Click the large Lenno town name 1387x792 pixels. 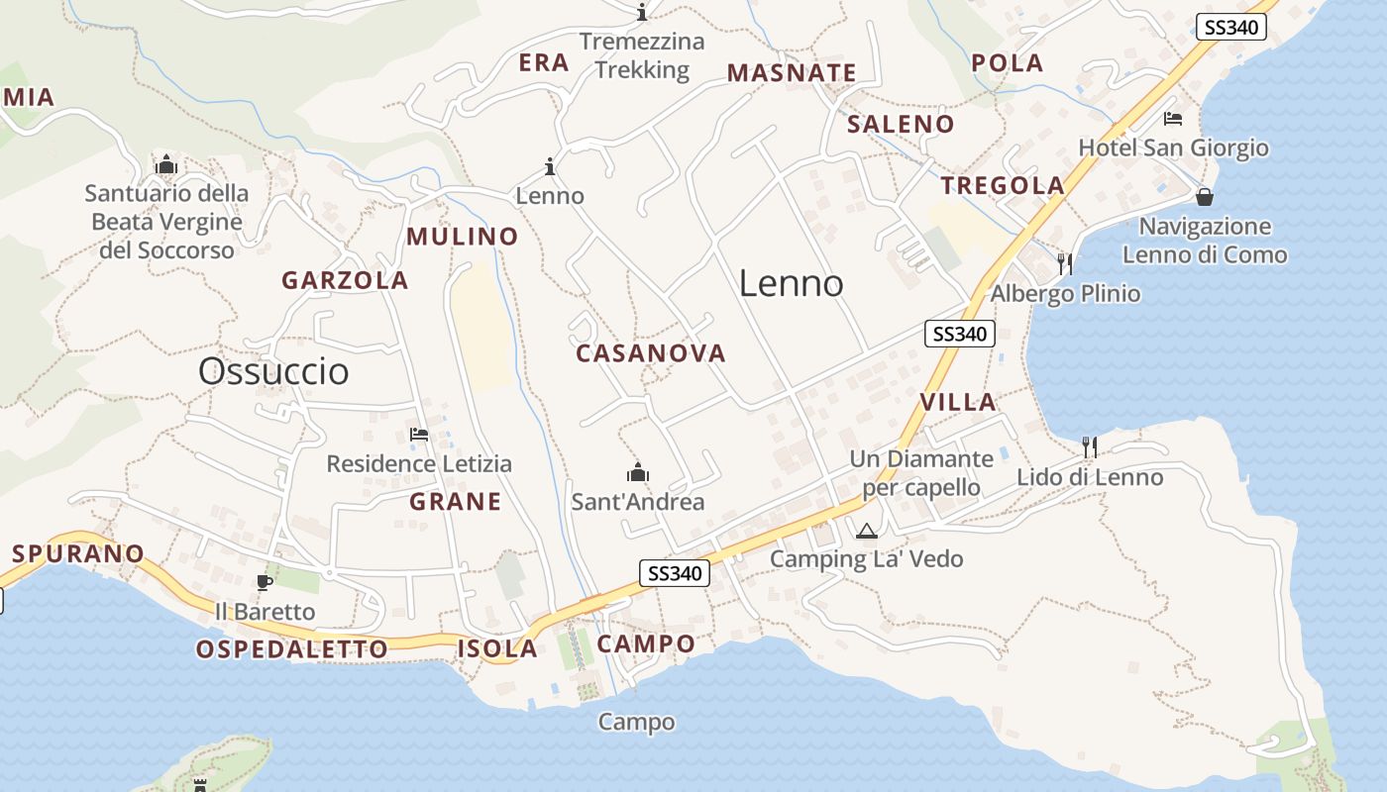791,284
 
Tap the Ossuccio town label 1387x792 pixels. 273,371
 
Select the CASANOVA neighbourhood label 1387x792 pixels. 651,353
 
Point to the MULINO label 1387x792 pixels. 463,237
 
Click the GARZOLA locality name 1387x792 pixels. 345,280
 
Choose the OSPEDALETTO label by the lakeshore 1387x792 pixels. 291,649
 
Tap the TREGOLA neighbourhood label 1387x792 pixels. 1003,185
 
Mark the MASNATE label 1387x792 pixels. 792,72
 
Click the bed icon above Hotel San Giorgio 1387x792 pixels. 1173,120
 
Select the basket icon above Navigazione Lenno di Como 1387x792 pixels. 1205,197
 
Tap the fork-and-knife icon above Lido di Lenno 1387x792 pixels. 1090,446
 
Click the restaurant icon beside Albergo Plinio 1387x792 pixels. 1065,263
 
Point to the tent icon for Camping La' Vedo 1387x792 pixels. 867,531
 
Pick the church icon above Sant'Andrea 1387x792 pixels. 638,472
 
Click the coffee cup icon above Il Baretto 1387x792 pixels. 265,582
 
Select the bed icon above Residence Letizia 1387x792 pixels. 419,435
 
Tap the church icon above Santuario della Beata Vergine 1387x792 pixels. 165,163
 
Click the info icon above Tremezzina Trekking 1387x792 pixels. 642,12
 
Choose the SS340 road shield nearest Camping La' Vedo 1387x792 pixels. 674,573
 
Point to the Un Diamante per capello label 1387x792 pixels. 921,473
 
